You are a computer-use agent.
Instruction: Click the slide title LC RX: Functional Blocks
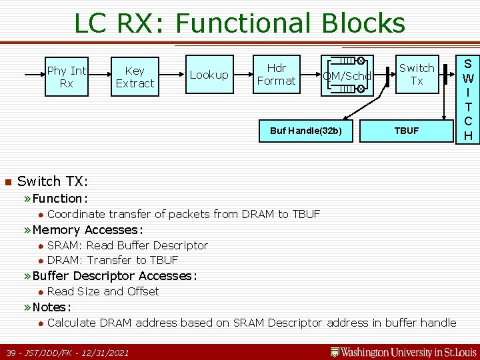[x=239, y=23]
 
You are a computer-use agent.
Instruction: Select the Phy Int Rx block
[x=67, y=77]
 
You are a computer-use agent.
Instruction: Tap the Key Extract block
[x=135, y=77]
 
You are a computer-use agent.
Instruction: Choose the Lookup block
[x=209, y=75]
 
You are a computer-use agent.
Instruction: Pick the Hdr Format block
[x=276, y=74]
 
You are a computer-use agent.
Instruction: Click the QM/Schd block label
[x=347, y=76]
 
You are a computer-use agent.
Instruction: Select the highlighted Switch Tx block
[x=417, y=74]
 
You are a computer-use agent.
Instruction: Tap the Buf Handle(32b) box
[x=305, y=131]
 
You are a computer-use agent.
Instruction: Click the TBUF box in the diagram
[x=406, y=131]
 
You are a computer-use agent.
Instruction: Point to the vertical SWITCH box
[x=468, y=99]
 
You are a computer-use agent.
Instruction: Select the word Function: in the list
[x=60, y=198]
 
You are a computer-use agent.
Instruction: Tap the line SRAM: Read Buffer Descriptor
[x=127, y=245]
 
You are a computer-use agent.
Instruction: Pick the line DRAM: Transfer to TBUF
[x=113, y=260]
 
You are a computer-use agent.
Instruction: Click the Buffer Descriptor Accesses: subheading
[x=115, y=276]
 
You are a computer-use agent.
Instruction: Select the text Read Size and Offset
[x=103, y=291]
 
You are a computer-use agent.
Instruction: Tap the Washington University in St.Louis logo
[x=404, y=351]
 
